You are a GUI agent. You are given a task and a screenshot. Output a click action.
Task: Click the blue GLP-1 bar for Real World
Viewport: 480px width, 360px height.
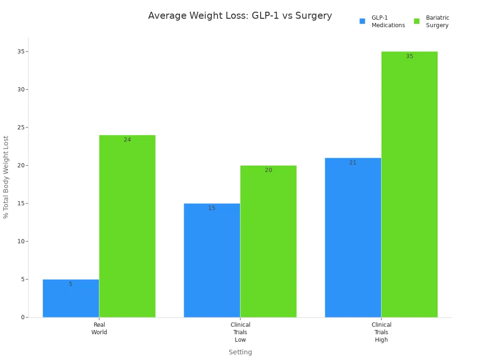71,299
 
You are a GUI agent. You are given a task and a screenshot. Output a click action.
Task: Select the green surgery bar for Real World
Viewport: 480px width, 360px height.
127,226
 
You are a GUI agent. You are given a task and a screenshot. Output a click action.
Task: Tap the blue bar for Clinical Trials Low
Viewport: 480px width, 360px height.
212,261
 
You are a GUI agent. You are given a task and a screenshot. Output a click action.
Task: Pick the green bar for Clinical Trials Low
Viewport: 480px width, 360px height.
268,241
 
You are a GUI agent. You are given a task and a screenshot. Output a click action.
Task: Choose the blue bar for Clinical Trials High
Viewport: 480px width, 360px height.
353,238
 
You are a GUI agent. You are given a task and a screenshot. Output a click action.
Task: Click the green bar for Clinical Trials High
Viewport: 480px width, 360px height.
409,184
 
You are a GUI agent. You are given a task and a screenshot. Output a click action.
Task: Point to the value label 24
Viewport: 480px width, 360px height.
127,140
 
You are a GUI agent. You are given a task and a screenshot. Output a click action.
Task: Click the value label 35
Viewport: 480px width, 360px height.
410,56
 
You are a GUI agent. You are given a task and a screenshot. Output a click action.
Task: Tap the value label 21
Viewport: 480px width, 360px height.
353,163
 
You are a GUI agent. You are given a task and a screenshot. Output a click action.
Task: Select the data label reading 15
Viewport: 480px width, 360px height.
212,208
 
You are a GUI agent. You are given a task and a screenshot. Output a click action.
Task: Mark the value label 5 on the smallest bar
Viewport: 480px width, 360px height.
71,284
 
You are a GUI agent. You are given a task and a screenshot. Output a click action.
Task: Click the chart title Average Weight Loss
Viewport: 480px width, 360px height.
240,16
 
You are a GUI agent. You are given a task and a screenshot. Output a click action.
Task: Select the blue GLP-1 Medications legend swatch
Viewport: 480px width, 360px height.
362,21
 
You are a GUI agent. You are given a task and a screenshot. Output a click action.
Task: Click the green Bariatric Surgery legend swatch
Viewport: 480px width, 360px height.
417,21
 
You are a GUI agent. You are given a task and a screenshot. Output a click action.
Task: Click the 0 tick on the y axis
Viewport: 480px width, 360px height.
22,317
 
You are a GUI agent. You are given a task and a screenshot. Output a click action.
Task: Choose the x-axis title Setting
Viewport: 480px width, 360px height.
240,352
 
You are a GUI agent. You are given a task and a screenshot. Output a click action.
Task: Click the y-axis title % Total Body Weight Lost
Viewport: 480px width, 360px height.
6,177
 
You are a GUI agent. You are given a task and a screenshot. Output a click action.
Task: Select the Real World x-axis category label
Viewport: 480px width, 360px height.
99,329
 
